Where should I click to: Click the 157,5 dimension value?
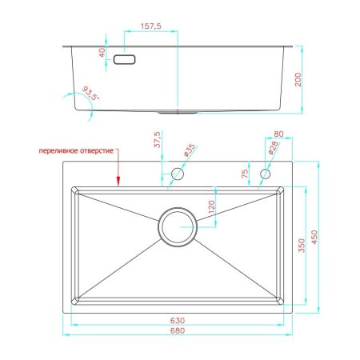pos(151,26)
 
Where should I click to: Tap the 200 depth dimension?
pos(298,79)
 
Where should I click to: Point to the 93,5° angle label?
pos(90,94)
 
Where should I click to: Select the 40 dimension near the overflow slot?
pos(102,52)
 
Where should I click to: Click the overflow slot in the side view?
pos(125,59)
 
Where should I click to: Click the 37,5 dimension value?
pos(158,139)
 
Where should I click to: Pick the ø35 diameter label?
pos(190,150)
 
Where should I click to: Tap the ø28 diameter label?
pos(273,147)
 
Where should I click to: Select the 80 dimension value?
pos(278,134)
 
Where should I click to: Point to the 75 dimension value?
pos(245,174)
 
